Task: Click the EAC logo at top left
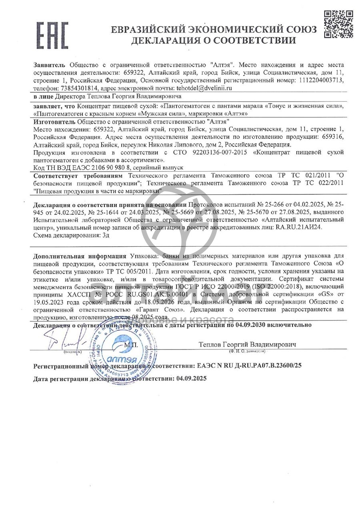pos(52,35)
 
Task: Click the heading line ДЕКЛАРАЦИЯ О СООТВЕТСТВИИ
pos(214,40)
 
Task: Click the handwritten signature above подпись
pos(70,341)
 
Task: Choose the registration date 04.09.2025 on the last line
pos(190,378)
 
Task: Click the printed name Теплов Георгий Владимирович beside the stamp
pos(247,344)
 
